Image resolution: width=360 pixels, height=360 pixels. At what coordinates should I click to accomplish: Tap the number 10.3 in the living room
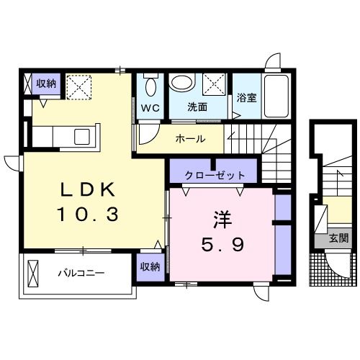point(87,215)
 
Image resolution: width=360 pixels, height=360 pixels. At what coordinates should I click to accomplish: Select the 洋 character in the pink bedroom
point(221,218)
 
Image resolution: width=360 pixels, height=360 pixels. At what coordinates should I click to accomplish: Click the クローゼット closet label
point(215,175)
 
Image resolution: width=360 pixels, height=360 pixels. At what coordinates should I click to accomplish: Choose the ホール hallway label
point(190,138)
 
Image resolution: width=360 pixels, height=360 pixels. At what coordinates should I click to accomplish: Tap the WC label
point(150,108)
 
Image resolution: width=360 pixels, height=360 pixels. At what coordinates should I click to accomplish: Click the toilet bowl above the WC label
point(150,86)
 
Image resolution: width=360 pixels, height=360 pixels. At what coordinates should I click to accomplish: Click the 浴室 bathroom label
point(247,98)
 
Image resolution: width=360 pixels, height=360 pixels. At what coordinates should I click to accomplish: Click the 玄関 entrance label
point(339,238)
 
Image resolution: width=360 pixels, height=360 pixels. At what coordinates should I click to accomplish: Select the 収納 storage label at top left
point(47,84)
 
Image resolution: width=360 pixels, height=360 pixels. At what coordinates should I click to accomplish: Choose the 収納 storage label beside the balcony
point(150,266)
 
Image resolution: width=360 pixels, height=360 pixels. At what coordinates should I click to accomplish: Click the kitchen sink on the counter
point(81,135)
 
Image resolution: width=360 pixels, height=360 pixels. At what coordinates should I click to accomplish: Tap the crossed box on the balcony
point(32,274)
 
